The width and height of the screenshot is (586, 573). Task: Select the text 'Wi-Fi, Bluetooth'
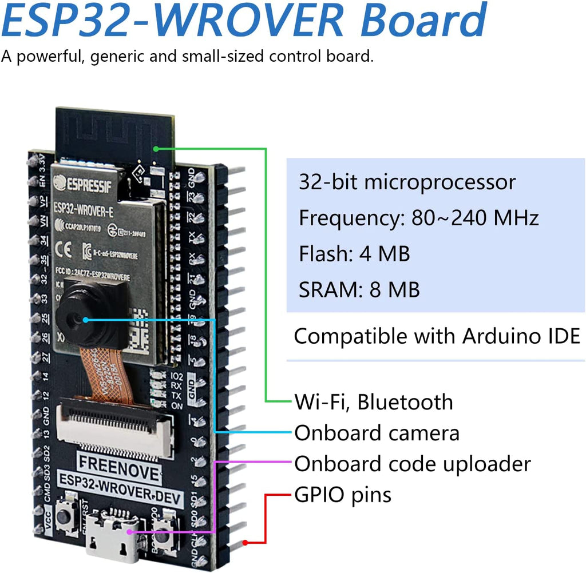tap(373, 402)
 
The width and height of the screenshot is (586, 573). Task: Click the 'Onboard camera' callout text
tap(377, 433)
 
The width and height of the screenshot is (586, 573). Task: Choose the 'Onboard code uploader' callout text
tap(412, 464)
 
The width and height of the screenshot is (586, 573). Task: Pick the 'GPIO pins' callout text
tap(343, 494)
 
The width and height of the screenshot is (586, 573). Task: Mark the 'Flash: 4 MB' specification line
tap(354, 253)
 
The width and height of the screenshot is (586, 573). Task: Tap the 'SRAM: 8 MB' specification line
tap(359, 289)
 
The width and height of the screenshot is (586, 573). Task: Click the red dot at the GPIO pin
tap(245, 542)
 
